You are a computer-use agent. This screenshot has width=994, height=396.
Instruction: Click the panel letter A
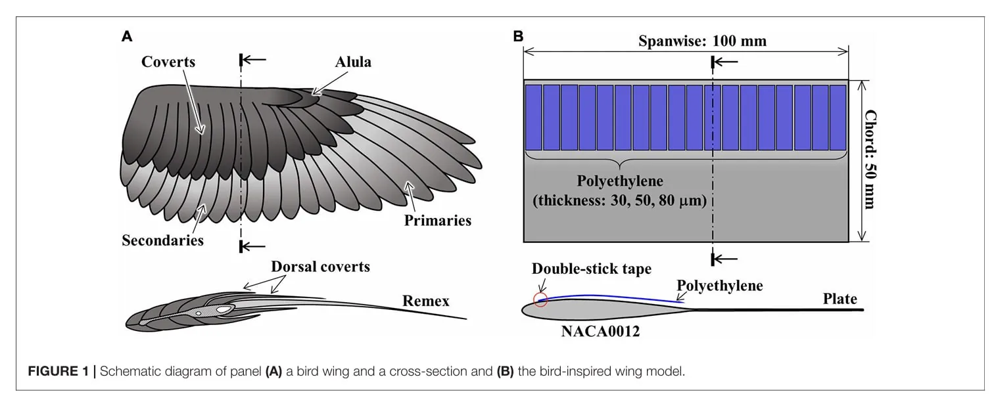point(128,37)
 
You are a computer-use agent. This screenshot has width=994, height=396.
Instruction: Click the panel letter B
point(518,37)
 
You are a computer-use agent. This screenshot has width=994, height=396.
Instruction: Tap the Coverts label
point(168,62)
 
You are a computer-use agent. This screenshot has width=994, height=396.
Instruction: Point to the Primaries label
point(437,220)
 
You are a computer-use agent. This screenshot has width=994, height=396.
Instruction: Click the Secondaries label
point(162,240)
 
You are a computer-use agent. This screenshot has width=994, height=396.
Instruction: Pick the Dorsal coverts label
point(321,267)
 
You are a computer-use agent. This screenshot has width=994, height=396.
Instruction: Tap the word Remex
point(426,301)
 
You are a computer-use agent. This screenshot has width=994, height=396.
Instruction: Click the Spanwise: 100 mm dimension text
point(702,41)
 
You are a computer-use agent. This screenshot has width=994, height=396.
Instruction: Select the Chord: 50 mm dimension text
point(870,160)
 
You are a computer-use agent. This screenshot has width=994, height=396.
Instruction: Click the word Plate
point(840,299)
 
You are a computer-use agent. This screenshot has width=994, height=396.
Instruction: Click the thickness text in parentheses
point(619,201)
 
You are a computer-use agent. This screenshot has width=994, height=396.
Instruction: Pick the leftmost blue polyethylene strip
point(533,117)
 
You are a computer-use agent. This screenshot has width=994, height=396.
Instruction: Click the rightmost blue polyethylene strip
point(838,117)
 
